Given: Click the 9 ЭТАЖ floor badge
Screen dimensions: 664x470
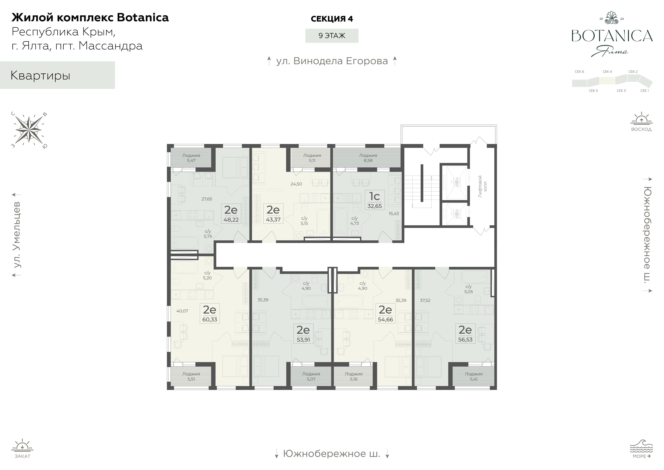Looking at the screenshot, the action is coord(332,36).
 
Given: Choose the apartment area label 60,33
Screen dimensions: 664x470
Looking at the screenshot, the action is coord(210,320).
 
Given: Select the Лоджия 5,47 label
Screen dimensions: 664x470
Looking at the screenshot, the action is coord(191,158).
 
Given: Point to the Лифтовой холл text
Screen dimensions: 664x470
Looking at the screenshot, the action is coord(482,186).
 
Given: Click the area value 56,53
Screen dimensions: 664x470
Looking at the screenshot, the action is coord(465,340).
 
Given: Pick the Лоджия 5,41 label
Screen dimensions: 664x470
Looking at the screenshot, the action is coord(474,376).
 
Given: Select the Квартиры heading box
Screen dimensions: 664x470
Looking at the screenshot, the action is coord(58,75).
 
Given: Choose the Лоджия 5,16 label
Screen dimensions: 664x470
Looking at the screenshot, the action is coord(354,376).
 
